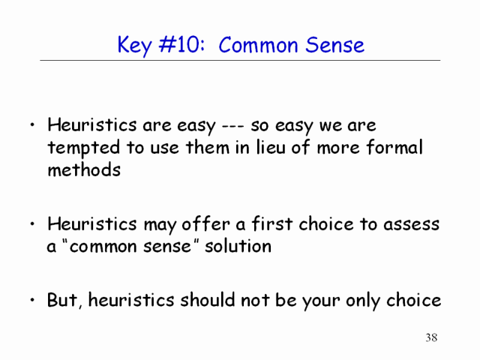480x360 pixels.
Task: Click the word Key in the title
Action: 135,46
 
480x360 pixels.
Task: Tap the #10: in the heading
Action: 181,45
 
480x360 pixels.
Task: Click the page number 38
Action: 431,337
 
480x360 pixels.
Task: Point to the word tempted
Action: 83,148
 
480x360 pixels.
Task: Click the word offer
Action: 205,223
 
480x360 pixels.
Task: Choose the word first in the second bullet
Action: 271,223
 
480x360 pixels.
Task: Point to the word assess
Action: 411,224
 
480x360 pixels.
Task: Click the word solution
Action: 238,246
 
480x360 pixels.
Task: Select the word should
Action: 208,299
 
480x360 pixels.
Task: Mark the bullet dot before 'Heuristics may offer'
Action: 32,224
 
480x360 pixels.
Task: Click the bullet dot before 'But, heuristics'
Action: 32,300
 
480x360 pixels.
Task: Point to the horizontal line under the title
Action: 240,60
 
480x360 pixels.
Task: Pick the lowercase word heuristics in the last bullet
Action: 131,299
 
